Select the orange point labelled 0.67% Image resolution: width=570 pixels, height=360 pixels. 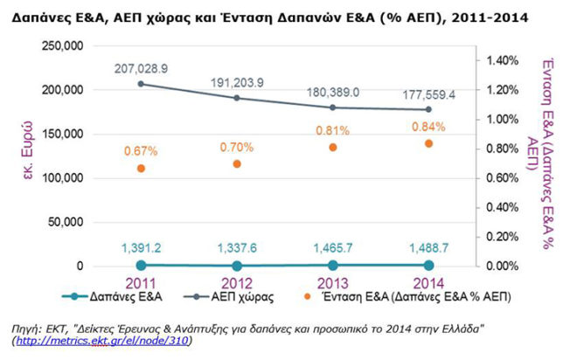(141, 169)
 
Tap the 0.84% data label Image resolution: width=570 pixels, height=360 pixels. (428, 126)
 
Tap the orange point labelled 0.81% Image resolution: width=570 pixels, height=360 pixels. (332, 148)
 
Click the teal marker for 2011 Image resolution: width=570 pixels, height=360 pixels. (141, 264)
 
